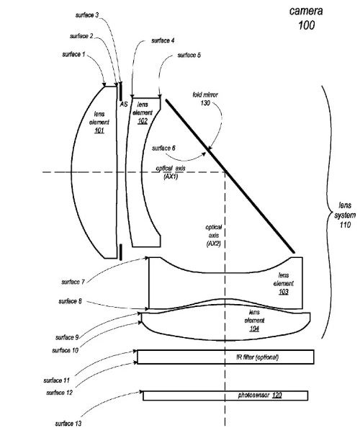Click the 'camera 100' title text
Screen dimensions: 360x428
pyautogui.click(x=306, y=18)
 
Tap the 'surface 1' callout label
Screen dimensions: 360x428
pyautogui.click(x=73, y=54)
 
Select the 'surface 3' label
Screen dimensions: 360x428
pyautogui.click(x=87, y=15)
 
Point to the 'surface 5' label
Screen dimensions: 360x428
pyautogui.click(x=189, y=55)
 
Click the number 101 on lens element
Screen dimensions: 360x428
pyautogui.click(x=99, y=130)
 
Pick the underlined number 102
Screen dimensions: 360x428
pyautogui.click(x=143, y=121)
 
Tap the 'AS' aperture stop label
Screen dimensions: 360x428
pyautogui.click(x=124, y=104)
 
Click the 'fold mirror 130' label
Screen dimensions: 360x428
pyautogui.click(x=205, y=99)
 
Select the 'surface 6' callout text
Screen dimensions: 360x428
pyautogui.click(x=163, y=148)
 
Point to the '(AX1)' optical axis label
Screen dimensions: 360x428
pyautogui.click(x=171, y=177)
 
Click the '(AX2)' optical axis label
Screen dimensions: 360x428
pyautogui.click(x=214, y=244)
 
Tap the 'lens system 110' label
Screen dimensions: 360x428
pyautogui.click(x=345, y=215)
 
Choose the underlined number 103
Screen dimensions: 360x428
pyautogui.click(x=284, y=292)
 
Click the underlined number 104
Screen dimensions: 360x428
pyautogui.click(x=254, y=329)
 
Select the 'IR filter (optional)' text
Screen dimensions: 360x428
pyautogui.click(x=258, y=357)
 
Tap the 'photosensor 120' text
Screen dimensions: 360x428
pyautogui.click(x=260, y=396)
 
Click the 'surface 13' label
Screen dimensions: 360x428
pyautogui.click(x=68, y=424)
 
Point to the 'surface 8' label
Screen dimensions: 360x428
pyautogui.click(x=70, y=301)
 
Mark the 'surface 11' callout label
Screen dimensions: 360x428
pyautogui.click(x=56, y=380)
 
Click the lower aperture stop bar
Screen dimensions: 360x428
pyautogui.click(x=120, y=252)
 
